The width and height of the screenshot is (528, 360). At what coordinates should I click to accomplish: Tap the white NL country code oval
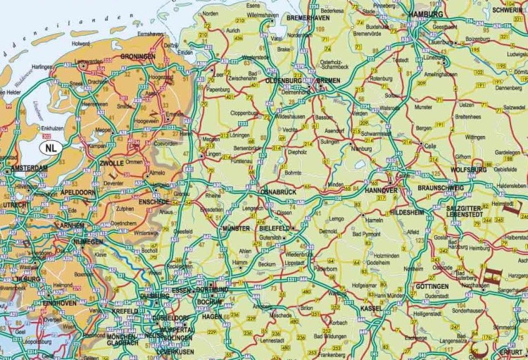50,148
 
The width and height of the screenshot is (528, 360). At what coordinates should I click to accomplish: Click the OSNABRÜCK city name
279,192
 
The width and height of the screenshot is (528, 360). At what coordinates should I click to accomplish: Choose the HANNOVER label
382,190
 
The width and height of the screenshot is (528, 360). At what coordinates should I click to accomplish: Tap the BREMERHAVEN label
308,18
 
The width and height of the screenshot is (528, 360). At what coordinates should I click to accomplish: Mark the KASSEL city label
371,308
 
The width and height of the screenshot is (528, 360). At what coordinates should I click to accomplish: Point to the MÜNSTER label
236,229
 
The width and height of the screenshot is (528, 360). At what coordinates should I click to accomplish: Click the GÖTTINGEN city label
432,287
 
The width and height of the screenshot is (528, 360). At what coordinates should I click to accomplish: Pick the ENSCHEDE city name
153,201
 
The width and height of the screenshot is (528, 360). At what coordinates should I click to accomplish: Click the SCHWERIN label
510,11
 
